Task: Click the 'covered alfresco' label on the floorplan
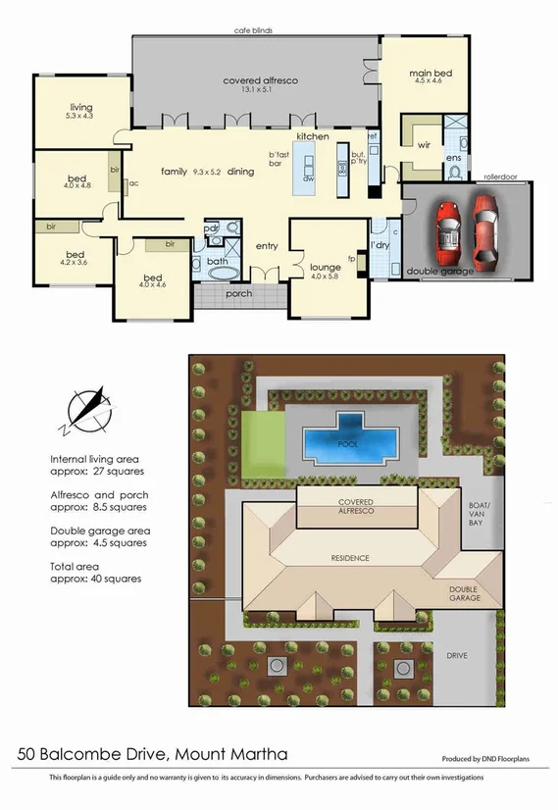(x=260, y=80)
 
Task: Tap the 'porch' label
(x=239, y=293)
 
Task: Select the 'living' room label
(x=80, y=108)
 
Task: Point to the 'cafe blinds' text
(x=253, y=30)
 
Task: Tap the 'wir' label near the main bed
(x=424, y=144)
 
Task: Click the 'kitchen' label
(x=313, y=136)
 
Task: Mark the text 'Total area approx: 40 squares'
(x=95, y=573)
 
